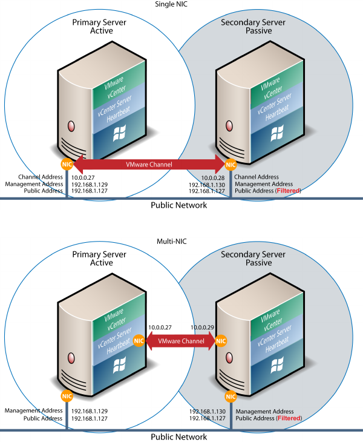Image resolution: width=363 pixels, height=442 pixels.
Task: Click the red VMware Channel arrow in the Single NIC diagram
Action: pyautogui.click(x=148, y=164)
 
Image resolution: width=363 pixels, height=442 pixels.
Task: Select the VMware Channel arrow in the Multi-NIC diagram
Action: pyautogui.click(x=178, y=341)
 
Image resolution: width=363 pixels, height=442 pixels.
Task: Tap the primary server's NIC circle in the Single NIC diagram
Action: pyautogui.click(x=66, y=164)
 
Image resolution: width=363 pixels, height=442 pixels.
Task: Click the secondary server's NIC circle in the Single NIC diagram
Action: pyautogui.click(x=230, y=164)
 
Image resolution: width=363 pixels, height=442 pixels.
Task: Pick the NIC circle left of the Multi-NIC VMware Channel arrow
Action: pyautogui.click(x=139, y=341)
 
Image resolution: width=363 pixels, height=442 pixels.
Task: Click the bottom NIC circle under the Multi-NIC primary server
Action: pyautogui.click(x=66, y=396)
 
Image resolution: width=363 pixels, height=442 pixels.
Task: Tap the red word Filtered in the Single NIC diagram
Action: pyautogui.click(x=288, y=191)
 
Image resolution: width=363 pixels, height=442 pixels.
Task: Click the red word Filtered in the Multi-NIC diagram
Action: pyautogui.click(x=288, y=418)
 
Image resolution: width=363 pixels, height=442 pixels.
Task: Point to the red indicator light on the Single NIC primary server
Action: pyautogui.click(x=71, y=127)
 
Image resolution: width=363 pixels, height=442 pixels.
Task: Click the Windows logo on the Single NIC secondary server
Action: pyautogui.click(x=278, y=133)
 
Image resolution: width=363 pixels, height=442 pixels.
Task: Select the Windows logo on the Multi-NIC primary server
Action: pyautogui.click(x=119, y=364)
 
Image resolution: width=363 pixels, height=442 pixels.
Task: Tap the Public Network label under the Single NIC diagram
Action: pyautogui.click(x=178, y=205)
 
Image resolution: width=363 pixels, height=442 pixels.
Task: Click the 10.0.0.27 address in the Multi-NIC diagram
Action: pyautogui.click(x=160, y=327)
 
